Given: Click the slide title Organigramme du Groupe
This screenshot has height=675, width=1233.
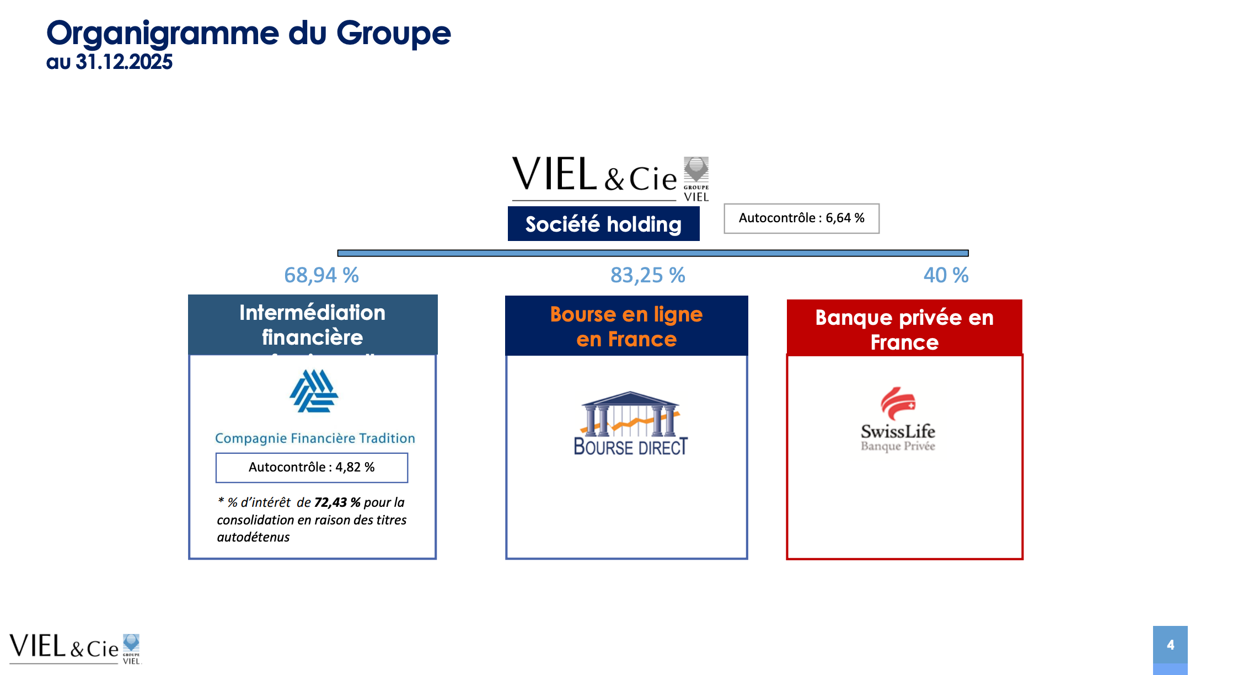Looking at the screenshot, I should tap(248, 33).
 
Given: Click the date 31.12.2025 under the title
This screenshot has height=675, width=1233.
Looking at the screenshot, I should tap(124, 62).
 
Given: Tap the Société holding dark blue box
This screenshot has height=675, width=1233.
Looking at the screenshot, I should tap(603, 224).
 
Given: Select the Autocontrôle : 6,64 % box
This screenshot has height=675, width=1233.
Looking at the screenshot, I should tap(801, 218).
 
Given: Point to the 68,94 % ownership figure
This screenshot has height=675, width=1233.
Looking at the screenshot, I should tap(321, 275).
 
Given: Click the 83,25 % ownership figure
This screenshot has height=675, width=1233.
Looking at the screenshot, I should tap(647, 275).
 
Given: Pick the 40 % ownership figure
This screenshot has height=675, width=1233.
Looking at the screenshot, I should tap(946, 275).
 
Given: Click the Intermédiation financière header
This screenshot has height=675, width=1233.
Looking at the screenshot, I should tap(312, 324).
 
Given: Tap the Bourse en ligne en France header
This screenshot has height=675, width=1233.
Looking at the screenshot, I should tap(626, 326).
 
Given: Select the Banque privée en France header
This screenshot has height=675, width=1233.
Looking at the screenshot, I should tap(904, 329).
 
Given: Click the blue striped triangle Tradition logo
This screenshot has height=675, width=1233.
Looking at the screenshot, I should tap(314, 391).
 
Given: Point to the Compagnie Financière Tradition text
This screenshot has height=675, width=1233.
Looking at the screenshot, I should tap(315, 438).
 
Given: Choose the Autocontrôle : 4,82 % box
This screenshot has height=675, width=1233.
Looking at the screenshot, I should tap(312, 468).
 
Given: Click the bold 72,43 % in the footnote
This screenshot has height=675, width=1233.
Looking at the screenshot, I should tap(337, 502).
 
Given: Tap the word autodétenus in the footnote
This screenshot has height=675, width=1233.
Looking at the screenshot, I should tap(253, 537).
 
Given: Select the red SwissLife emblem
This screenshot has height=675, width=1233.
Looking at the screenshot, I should tap(898, 403).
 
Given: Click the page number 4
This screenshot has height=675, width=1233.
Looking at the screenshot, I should tap(1170, 645).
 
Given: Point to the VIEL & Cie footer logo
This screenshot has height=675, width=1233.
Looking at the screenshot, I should tap(75, 647).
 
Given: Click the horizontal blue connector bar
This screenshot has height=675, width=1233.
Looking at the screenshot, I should tap(653, 253).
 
